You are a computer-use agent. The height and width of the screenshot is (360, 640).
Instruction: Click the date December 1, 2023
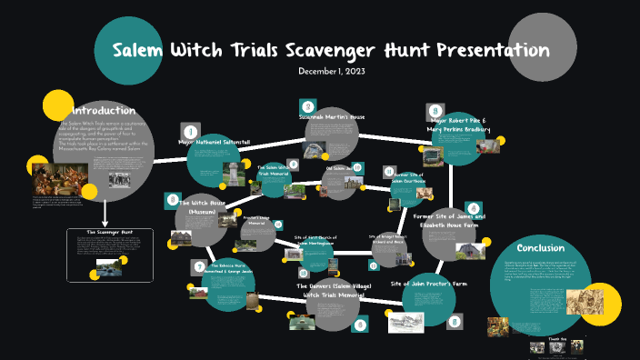(x=332, y=71)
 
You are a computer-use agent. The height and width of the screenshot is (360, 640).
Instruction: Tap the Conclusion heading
(x=540, y=247)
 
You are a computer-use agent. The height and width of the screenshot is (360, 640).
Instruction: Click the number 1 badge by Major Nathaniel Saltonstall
(x=190, y=131)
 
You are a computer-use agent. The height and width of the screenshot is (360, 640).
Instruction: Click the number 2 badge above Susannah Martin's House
(x=307, y=107)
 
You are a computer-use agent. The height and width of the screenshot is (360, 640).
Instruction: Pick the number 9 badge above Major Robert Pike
(x=435, y=110)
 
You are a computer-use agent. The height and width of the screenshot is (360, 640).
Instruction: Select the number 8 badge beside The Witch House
(x=172, y=198)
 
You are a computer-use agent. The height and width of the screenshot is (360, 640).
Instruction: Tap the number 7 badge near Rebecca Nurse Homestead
(x=199, y=265)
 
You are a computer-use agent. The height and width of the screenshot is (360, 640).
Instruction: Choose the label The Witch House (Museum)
(x=208, y=207)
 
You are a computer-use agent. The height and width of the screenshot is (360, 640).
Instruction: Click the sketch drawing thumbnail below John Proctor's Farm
(x=405, y=322)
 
